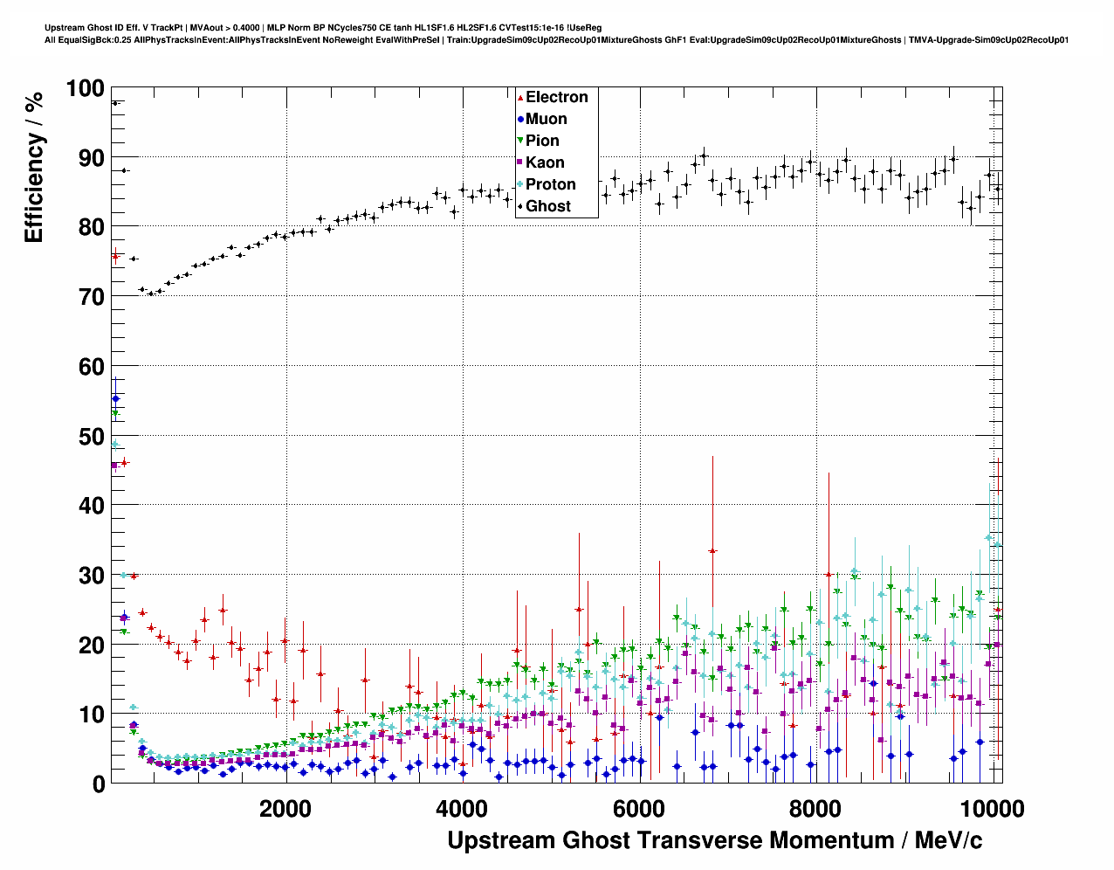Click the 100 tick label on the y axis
85,88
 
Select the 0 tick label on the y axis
98,784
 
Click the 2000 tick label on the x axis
285,809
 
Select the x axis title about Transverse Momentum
714,840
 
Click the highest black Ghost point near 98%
115,103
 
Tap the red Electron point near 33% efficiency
712,551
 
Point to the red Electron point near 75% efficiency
115,256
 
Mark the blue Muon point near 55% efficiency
116,398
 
